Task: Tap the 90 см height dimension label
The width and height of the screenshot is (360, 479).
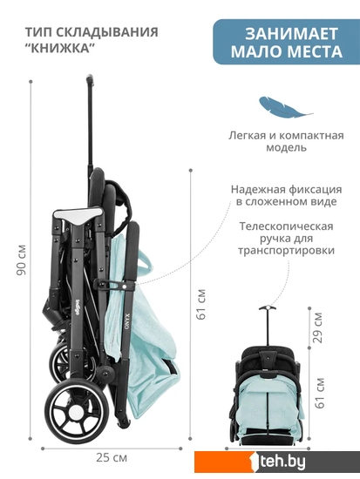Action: click(x=22, y=260)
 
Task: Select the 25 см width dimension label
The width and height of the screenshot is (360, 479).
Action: click(x=112, y=457)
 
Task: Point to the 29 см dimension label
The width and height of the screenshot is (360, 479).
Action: click(x=318, y=327)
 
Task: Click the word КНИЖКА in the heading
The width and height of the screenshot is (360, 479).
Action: click(x=58, y=48)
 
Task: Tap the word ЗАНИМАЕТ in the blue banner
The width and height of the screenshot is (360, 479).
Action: click(x=291, y=34)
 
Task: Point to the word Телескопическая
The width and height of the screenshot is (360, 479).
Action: click(x=286, y=226)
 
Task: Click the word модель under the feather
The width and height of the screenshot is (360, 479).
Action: click(x=286, y=147)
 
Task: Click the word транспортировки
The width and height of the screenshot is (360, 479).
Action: click(x=286, y=251)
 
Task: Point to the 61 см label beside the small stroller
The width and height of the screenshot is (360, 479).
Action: click(x=320, y=393)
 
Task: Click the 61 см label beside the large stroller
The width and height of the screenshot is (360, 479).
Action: click(x=201, y=304)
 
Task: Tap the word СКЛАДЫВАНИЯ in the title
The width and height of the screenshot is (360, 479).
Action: click(x=107, y=32)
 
